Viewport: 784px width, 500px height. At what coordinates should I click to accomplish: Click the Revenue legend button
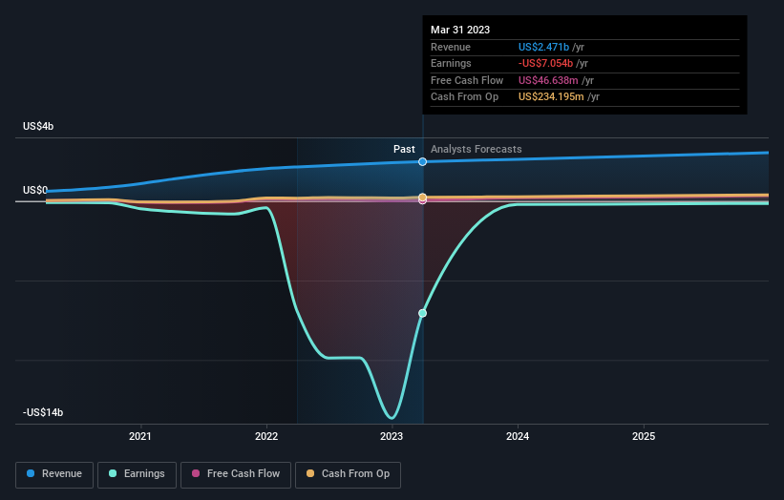point(55,473)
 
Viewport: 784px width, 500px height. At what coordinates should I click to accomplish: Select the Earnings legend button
point(137,473)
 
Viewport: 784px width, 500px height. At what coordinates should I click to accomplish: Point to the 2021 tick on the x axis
point(140,437)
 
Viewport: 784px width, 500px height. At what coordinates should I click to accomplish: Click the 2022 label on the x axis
point(266,437)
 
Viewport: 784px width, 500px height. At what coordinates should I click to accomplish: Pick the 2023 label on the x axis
point(392,437)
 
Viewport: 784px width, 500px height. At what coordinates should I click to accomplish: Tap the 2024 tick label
point(518,437)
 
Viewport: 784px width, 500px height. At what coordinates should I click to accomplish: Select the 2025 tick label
point(644,437)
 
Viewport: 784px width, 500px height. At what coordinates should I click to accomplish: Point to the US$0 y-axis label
point(35,191)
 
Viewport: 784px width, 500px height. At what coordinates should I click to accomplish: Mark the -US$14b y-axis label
point(43,413)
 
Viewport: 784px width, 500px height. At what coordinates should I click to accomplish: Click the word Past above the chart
point(404,149)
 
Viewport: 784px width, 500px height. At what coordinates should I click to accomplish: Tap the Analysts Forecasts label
point(477,149)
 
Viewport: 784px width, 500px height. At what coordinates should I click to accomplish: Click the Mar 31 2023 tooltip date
point(460,30)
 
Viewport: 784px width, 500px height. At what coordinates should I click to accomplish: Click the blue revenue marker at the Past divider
point(422,162)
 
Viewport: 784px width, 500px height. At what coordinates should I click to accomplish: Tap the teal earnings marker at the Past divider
point(422,313)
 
